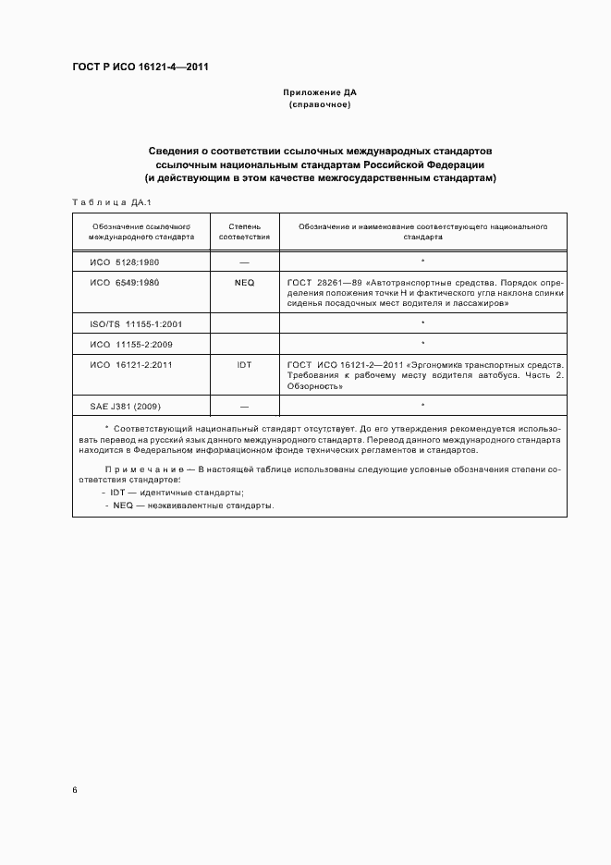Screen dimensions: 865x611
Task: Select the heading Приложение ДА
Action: pyautogui.click(x=320, y=93)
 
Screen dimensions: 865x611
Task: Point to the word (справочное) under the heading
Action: pyautogui.click(x=320, y=105)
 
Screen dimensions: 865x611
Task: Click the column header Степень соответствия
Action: pyautogui.click(x=244, y=230)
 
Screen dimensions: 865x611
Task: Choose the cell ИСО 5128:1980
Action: pyautogui.click(x=124, y=262)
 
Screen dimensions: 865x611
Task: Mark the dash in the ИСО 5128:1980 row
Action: pyautogui.click(x=244, y=262)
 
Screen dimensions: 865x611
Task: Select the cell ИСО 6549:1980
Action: pyautogui.click(x=124, y=282)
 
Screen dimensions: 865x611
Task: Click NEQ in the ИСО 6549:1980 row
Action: pyautogui.click(x=244, y=282)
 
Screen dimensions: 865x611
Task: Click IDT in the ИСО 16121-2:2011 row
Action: pyautogui.click(x=244, y=365)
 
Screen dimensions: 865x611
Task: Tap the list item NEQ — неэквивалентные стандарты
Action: pyautogui.click(x=192, y=506)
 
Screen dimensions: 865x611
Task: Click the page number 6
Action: pyautogui.click(x=75, y=790)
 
